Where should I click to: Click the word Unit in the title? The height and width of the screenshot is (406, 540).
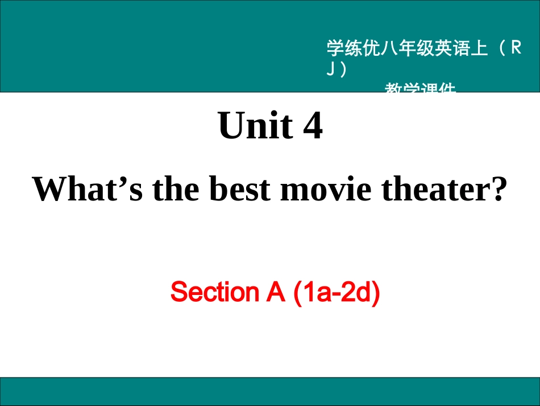[x=254, y=126]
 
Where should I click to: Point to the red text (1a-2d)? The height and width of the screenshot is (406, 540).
[x=335, y=292]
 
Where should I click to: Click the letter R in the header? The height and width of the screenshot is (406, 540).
[x=516, y=49]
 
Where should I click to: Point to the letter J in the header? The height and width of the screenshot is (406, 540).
[x=330, y=69]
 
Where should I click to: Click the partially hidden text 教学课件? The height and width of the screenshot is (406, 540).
[x=420, y=88]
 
